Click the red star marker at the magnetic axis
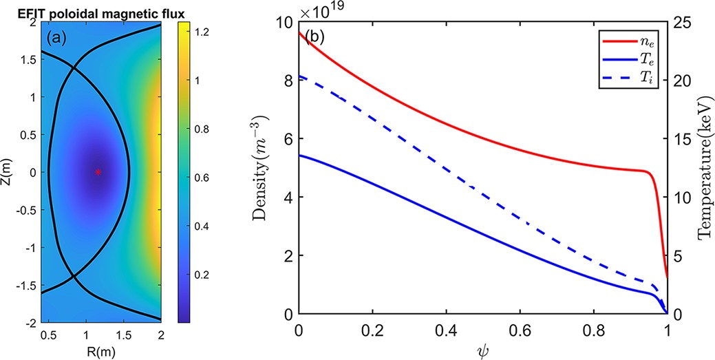[98, 172]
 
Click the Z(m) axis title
[8, 171]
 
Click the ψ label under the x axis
[482, 352]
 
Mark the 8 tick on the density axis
[288, 81]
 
